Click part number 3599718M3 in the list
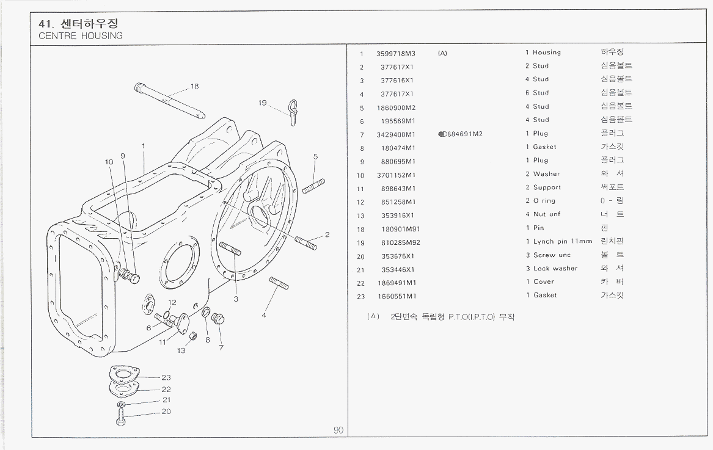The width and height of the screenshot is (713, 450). tap(396, 53)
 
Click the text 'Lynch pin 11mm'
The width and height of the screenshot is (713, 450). tap(562, 242)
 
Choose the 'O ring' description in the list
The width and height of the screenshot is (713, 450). tap(544, 201)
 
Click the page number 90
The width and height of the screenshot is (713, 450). tap(338, 430)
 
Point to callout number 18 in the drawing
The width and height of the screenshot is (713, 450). tap(194, 86)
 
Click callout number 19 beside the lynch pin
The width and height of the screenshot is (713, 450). tap(263, 103)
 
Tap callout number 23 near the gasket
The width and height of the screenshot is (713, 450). tap(166, 377)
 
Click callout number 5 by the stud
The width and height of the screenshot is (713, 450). tap(315, 156)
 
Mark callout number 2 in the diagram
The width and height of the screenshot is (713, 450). tap(327, 234)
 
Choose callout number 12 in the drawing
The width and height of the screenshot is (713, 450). tap(172, 302)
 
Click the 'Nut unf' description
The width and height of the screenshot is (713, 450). tap(546, 214)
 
